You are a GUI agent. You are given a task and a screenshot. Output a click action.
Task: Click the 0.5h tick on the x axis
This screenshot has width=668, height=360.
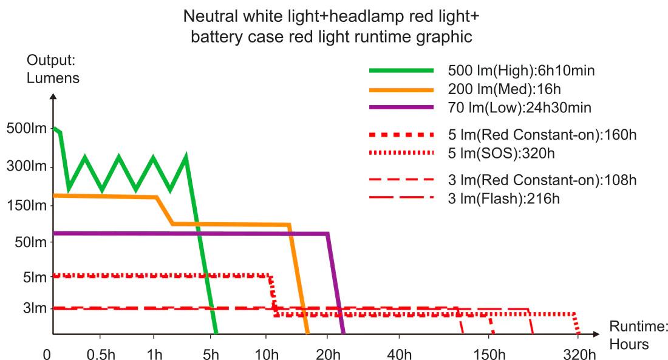100,353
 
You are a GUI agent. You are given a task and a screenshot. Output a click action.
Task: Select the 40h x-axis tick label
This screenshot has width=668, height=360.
399,353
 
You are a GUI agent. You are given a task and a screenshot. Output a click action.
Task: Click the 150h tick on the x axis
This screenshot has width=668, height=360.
489,353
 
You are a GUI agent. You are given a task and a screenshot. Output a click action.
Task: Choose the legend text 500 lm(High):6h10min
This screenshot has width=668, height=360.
520,70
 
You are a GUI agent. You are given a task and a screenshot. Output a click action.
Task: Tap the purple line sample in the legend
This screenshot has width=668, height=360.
401,108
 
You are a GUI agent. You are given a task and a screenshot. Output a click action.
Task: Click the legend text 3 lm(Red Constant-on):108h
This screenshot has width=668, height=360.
541,180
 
